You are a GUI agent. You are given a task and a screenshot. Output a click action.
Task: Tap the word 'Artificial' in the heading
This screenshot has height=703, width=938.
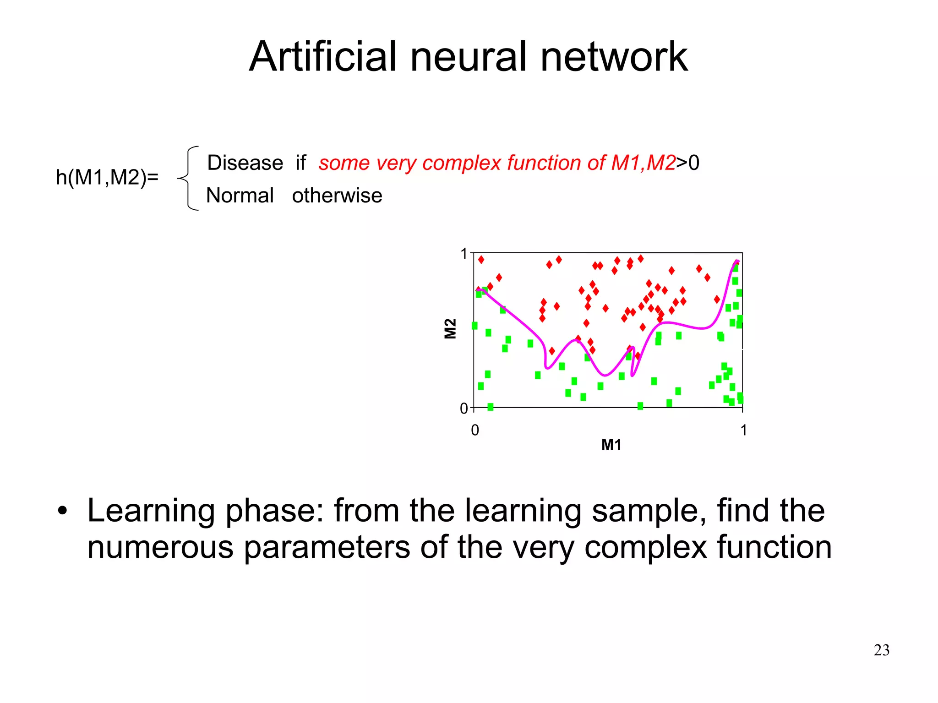[323, 57]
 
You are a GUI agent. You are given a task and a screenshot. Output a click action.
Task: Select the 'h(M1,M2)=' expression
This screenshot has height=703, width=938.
[107, 177]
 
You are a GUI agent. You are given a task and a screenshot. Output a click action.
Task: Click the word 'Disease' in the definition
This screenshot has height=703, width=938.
[245, 163]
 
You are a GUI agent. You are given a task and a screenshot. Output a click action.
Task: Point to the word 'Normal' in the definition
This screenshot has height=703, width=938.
[240, 196]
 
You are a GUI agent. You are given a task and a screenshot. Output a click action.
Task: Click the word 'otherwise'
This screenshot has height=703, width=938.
[337, 196]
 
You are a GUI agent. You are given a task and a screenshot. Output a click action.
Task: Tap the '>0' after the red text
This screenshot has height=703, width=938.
[688, 163]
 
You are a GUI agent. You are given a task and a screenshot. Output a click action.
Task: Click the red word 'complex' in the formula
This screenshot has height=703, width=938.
[463, 163]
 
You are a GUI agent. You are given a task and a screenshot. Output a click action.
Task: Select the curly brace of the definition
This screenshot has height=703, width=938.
[189, 178]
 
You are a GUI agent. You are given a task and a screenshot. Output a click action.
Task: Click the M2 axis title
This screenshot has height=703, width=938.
[451, 329]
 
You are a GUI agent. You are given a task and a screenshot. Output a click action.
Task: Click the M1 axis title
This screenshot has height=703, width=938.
[611, 445]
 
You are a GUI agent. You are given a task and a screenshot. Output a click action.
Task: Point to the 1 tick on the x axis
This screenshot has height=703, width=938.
[743, 430]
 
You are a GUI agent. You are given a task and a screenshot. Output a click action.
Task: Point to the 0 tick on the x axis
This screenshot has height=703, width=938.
[475, 430]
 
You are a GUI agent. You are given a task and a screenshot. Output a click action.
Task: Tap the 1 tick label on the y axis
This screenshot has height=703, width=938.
[464, 254]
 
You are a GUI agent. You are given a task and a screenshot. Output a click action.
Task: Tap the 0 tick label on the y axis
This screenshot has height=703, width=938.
[464, 408]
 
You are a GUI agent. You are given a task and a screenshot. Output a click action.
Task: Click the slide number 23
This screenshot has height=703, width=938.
[881, 650]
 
